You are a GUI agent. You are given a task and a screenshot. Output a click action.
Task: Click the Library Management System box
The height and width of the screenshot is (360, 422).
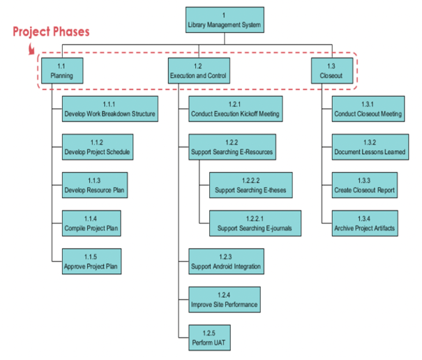pos(224,21)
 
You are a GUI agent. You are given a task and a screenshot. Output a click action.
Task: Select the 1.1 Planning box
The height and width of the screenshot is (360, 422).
pos(61,70)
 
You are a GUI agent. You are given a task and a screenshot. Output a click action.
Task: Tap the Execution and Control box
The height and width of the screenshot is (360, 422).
pos(198,70)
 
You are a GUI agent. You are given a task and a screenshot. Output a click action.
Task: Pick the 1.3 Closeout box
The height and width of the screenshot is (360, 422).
pos(331,70)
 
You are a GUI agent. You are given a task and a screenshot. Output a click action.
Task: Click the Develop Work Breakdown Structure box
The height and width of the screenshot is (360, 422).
pos(110,110)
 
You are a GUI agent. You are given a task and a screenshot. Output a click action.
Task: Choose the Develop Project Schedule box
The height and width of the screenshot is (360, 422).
pos(97,148)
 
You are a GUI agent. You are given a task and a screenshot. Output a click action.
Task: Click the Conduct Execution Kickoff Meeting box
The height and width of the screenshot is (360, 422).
pos(235,110)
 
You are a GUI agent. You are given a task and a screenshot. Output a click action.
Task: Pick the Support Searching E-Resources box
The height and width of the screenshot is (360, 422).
pos(232,148)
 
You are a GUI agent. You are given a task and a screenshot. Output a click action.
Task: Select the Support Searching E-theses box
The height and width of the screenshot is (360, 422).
pos(250,186)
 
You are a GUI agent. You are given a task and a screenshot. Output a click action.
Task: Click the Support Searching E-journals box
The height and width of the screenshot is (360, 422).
pos(255,224)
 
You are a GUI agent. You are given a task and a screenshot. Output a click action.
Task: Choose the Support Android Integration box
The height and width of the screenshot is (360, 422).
pos(226,262)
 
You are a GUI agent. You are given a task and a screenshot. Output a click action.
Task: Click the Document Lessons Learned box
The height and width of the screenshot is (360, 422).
pos(370,148)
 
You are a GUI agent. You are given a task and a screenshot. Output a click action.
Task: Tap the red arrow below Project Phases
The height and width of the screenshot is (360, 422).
pos(31,48)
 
